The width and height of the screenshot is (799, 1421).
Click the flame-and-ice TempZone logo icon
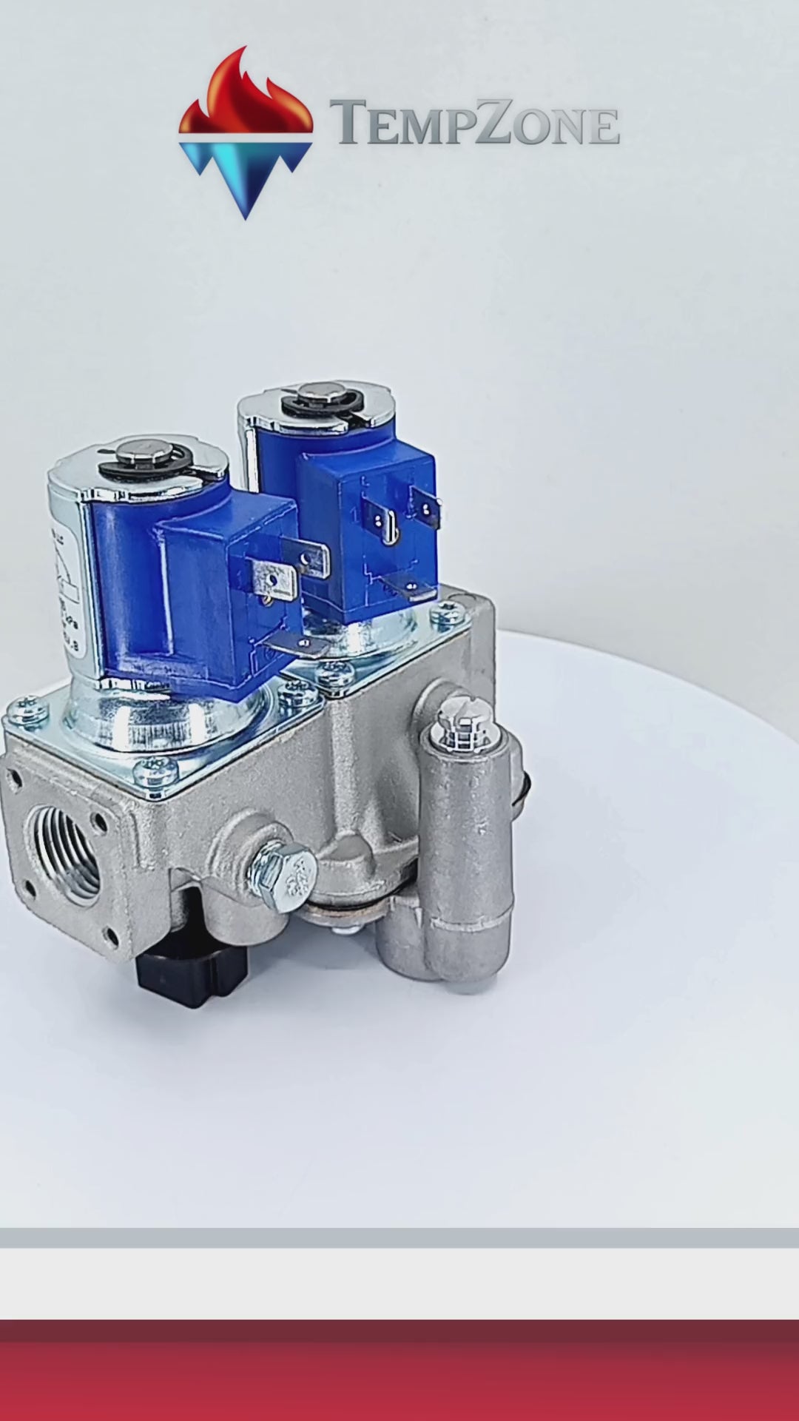[246, 133]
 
